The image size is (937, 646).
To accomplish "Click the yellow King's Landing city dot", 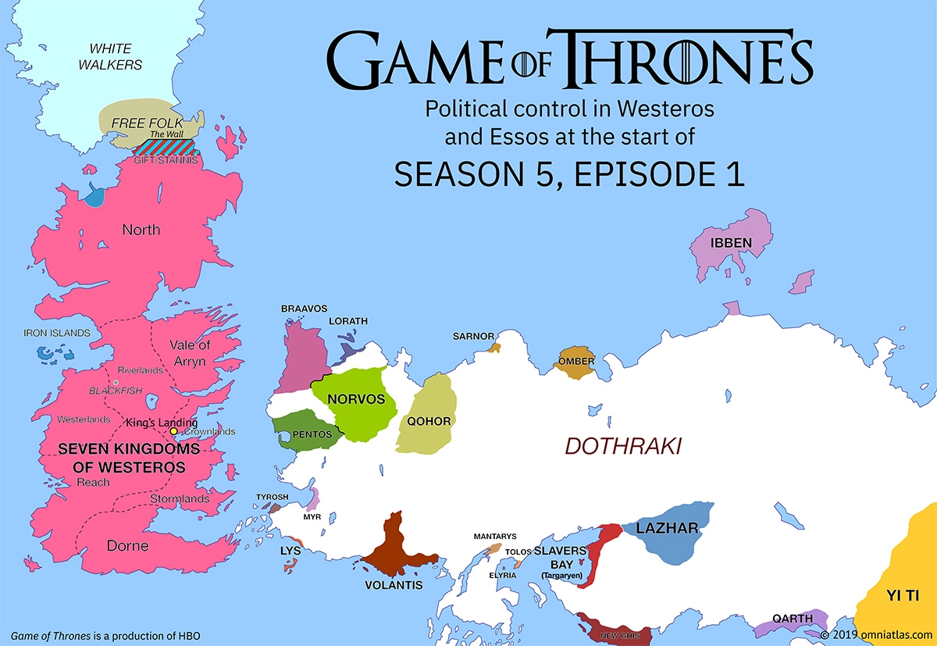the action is click(173, 431).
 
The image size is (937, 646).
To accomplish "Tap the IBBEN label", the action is click(731, 243).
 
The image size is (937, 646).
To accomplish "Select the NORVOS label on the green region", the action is click(357, 399).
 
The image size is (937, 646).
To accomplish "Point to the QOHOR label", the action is click(429, 422).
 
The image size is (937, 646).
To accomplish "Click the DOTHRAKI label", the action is click(623, 447).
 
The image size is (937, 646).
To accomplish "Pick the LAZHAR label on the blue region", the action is click(667, 529).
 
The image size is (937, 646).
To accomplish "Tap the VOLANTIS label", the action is click(394, 584).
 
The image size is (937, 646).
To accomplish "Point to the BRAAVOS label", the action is click(304, 309).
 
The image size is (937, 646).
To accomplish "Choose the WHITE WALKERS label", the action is click(110, 56).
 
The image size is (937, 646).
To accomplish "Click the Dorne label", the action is click(127, 545).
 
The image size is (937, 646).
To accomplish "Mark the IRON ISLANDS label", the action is click(57, 333).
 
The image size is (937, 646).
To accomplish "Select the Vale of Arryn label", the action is click(190, 353).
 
